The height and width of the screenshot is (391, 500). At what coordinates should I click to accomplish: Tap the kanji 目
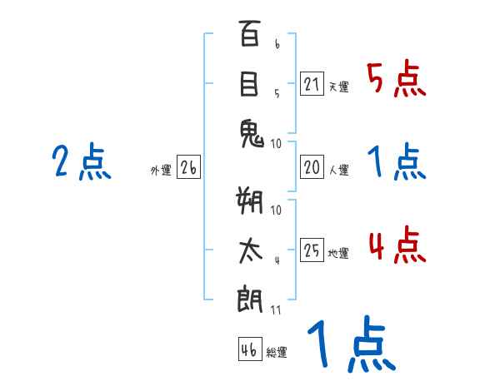click(x=249, y=86)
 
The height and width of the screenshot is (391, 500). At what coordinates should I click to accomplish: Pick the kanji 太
click(x=250, y=251)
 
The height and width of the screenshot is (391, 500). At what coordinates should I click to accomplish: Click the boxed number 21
click(x=312, y=85)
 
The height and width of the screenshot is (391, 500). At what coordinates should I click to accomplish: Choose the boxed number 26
click(x=188, y=168)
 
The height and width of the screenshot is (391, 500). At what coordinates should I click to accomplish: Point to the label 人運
click(x=338, y=171)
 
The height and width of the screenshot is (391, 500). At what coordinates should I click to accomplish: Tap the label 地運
click(x=338, y=254)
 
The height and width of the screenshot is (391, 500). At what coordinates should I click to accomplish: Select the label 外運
click(x=160, y=171)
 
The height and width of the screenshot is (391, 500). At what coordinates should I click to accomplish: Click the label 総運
click(x=277, y=353)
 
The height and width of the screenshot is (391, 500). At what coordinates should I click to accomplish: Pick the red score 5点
click(x=397, y=80)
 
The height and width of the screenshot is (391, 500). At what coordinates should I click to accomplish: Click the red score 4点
click(x=397, y=246)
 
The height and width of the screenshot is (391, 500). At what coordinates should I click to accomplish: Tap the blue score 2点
click(x=81, y=161)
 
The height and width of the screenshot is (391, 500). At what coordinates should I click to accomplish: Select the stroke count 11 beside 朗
click(x=276, y=311)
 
